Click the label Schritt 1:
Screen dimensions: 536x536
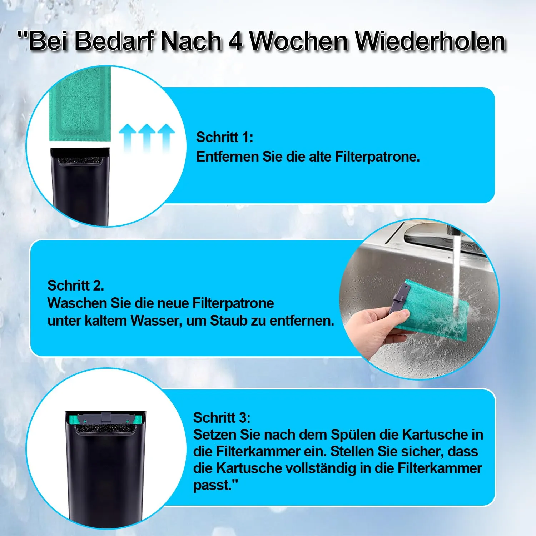click(225, 137)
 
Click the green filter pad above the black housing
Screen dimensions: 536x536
click(80, 104)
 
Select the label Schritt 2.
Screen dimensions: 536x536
click(76, 286)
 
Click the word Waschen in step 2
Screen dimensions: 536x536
click(76, 303)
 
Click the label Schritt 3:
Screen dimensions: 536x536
click(222, 418)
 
